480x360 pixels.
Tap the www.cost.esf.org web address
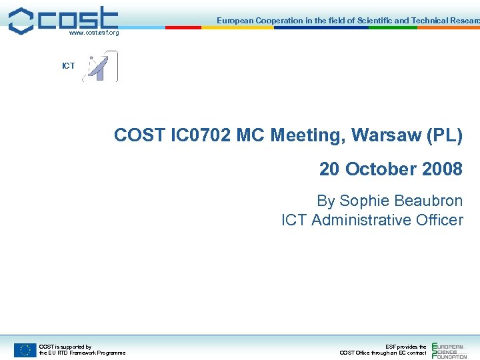94,33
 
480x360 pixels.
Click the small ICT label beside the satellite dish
68,66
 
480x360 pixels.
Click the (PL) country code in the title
447,135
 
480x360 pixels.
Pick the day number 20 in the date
329,169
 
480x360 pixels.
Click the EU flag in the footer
25,349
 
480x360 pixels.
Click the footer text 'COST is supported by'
65,347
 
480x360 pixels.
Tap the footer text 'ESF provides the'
406,347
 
